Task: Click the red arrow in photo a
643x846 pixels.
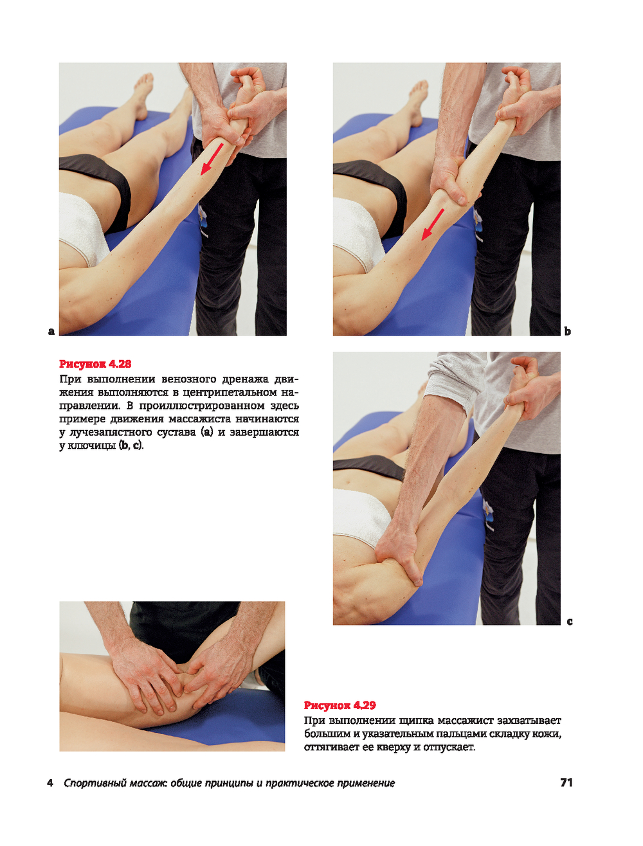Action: pos(212,159)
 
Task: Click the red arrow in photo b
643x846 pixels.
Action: pos(433,225)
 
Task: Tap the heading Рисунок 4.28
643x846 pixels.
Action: pos(95,364)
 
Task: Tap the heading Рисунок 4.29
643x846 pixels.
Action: pos(340,705)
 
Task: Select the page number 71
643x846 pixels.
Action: pos(566,782)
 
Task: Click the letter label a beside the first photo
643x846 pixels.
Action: pos(51,331)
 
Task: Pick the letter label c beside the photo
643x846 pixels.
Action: pos(569,621)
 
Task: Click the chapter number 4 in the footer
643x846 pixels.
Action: pos(50,783)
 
